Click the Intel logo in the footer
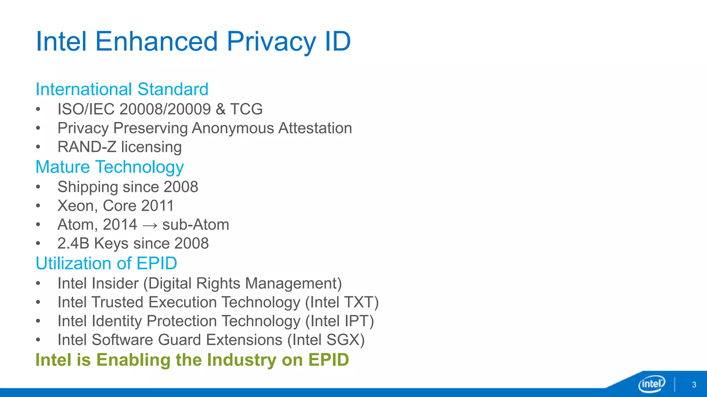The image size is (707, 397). click(651, 384)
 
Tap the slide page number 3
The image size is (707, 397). click(694, 385)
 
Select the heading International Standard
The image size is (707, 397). click(122, 89)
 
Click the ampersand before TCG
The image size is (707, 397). click(220, 109)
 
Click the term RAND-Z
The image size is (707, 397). click(87, 147)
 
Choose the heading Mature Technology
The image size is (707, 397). click(110, 167)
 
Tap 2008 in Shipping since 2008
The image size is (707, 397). click(181, 187)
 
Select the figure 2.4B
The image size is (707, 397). click(73, 244)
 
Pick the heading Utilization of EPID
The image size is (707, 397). click(106, 264)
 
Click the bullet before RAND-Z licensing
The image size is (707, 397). click(38, 147)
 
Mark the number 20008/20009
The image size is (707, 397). click(165, 109)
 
